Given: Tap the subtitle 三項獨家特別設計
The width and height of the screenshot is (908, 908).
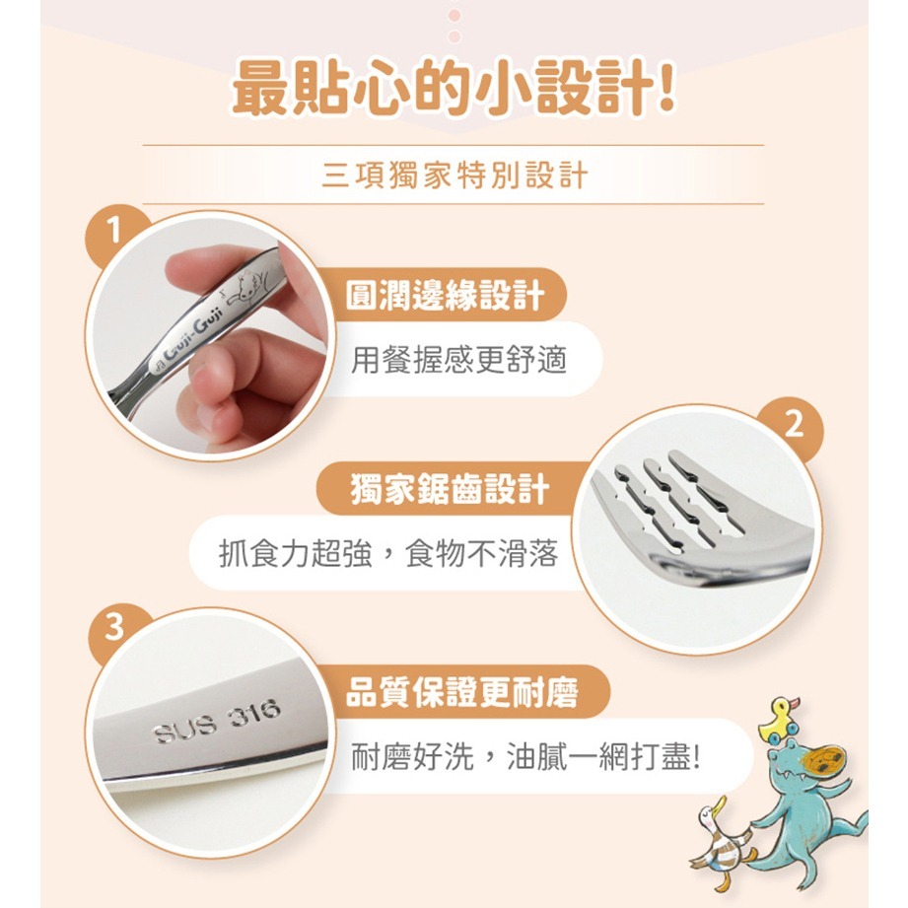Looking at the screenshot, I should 454,175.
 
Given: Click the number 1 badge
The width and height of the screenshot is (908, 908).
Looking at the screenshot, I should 115,233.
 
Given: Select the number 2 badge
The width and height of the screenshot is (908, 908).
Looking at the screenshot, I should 794,425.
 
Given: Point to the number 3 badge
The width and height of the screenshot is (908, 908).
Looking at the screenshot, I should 115,628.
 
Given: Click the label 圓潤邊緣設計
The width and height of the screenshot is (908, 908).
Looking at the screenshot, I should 445,295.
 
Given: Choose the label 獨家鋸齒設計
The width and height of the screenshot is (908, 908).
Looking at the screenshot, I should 450,489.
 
